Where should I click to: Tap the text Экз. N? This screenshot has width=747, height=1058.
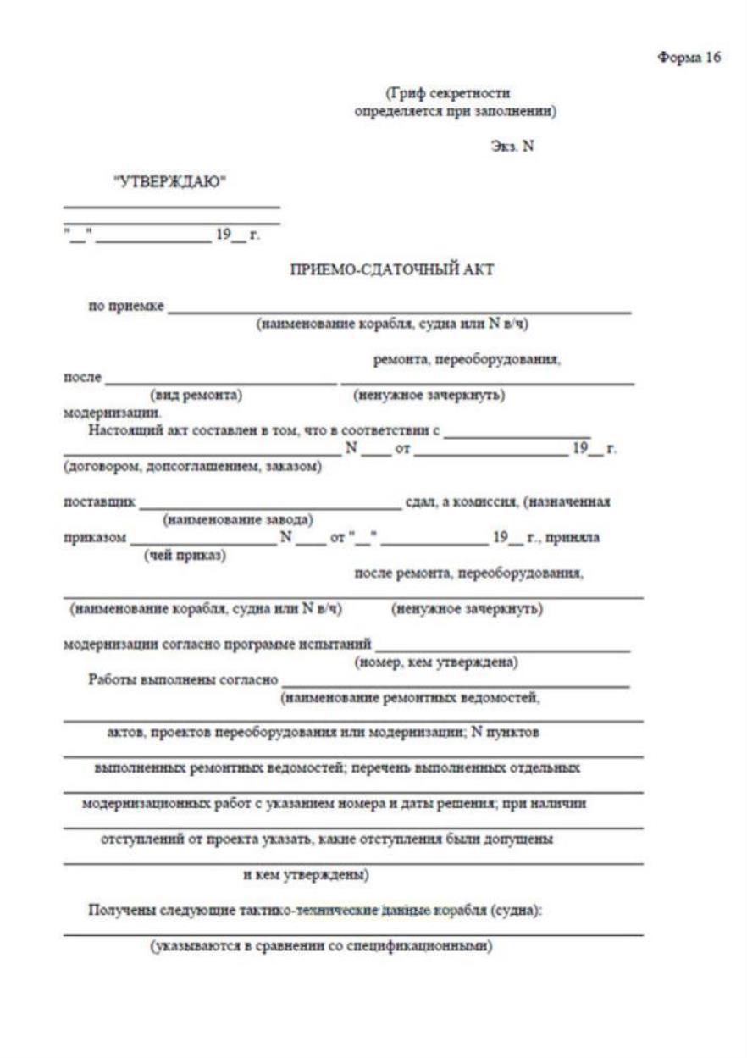[x=512, y=146]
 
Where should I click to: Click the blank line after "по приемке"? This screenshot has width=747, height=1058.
[x=399, y=310]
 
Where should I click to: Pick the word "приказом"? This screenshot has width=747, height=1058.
[x=96, y=538]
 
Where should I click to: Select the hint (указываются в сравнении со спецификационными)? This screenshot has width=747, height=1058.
[x=321, y=946]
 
